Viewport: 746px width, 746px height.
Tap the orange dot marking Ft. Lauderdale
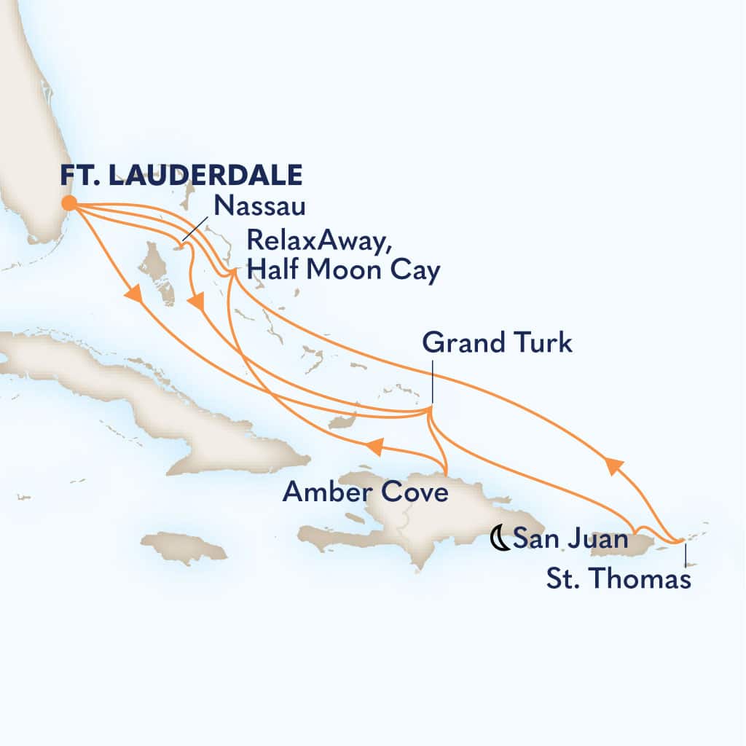[69, 203]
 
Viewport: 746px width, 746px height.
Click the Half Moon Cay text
[344, 271]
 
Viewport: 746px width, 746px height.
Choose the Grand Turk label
[498, 343]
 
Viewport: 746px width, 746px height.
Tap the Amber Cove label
[364, 493]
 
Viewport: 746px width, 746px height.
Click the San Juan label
[570, 540]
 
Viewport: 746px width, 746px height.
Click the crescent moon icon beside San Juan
[500, 540]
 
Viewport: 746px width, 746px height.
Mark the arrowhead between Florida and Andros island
[132, 294]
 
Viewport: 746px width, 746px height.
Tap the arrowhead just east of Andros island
[195, 301]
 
